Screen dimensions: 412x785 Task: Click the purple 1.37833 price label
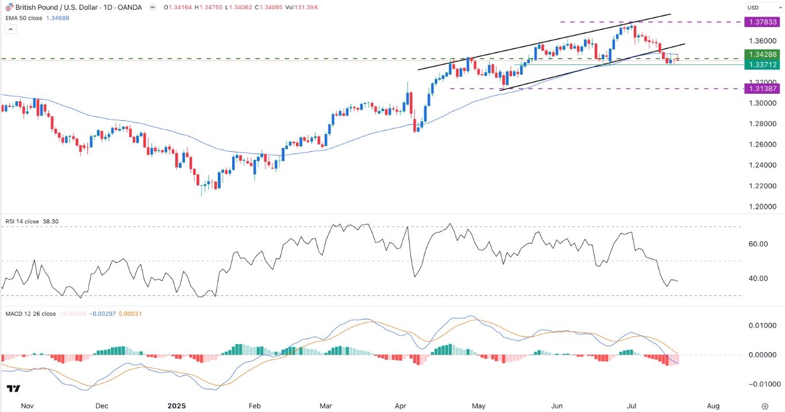761,22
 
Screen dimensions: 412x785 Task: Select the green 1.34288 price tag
761,54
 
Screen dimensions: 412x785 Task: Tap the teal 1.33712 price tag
761,65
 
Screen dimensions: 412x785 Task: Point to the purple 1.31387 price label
761,89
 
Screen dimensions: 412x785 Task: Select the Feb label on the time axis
254,406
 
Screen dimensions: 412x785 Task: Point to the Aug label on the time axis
713,406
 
